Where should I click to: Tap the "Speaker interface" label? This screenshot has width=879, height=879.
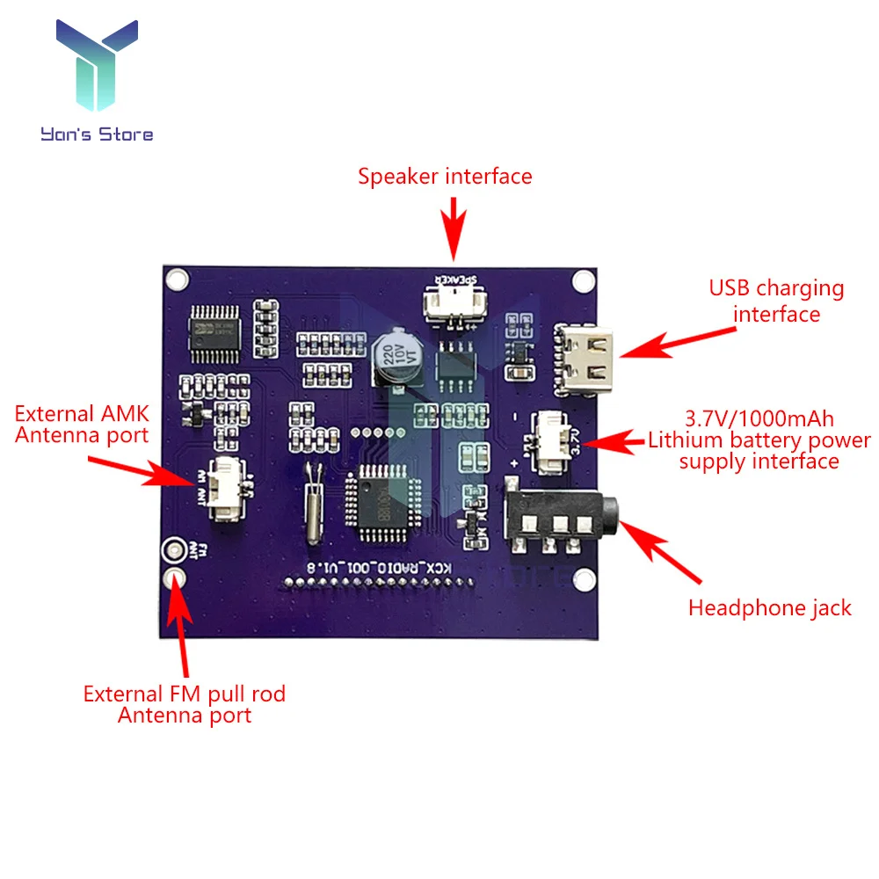(x=445, y=177)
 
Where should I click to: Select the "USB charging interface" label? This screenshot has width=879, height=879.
(x=776, y=301)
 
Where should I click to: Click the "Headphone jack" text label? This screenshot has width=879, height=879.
(x=769, y=607)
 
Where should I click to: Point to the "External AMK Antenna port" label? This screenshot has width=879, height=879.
(x=82, y=424)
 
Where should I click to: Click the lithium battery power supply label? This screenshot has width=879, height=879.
(x=759, y=439)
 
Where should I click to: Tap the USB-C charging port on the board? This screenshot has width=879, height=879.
(x=578, y=361)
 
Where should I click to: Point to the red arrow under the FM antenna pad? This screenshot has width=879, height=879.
(x=183, y=626)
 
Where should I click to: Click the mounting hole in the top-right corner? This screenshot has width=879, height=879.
(x=582, y=281)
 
